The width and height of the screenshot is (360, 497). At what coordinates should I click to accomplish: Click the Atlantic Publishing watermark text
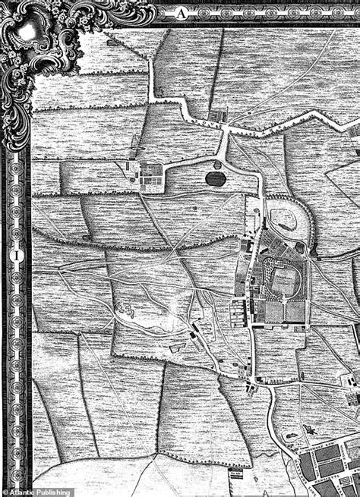(x=40, y=492)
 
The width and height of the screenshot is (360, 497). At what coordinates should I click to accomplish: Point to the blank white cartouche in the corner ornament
(x=27, y=30)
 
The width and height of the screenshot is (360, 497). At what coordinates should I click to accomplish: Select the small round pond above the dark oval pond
(x=218, y=164)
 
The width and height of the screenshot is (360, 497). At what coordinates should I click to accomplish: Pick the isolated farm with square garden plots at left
(x=147, y=175)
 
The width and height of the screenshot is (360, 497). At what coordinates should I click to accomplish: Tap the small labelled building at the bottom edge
(x=236, y=476)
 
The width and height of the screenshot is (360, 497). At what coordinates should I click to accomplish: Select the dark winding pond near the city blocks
(x=308, y=431)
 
